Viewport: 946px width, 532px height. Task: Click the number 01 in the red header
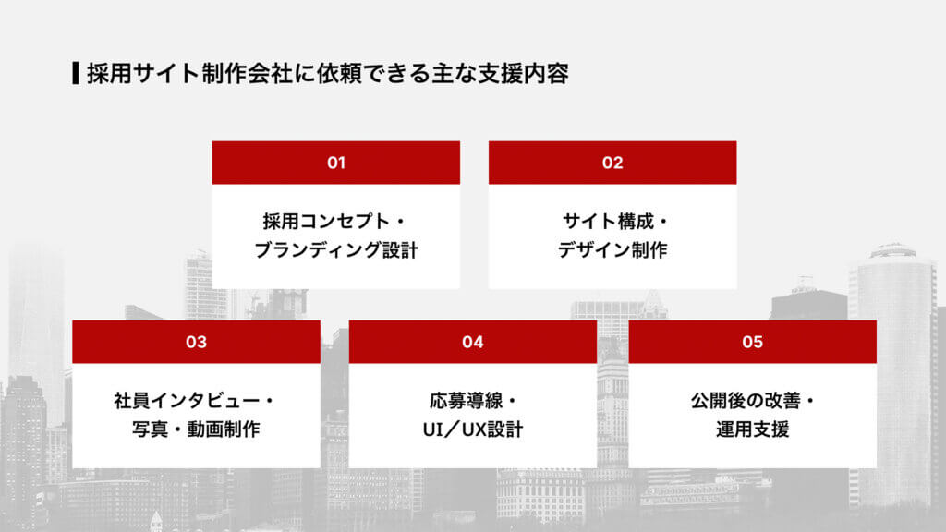pyautogui.click(x=335, y=163)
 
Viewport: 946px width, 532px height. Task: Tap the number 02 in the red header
pyautogui.click(x=612, y=163)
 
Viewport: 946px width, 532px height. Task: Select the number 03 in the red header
pyautogui.click(x=196, y=342)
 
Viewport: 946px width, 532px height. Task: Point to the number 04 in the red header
pyautogui.click(x=473, y=342)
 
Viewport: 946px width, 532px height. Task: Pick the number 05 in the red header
pyautogui.click(x=752, y=342)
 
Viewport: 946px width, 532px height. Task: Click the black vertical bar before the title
pyautogui.click(x=75, y=73)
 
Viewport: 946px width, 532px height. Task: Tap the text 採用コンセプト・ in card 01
pyautogui.click(x=335, y=222)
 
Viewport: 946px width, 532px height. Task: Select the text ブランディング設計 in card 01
pyautogui.click(x=335, y=250)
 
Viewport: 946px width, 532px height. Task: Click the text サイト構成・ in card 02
pyautogui.click(x=612, y=222)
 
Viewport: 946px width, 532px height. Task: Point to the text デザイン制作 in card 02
pyautogui.click(x=612, y=250)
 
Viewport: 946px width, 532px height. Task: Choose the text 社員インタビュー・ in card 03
pyautogui.click(x=196, y=401)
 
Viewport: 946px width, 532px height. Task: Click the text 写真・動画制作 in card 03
pyautogui.click(x=196, y=429)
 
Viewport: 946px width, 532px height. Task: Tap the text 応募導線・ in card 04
pyautogui.click(x=473, y=401)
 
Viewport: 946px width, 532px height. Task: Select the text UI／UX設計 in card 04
pyautogui.click(x=473, y=429)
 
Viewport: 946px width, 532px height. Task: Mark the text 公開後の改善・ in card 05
pyautogui.click(x=752, y=401)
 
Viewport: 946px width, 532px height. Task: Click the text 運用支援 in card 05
pyautogui.click(x=752, y=429)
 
